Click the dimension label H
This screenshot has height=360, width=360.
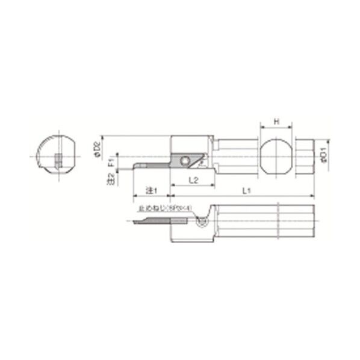coord(276,122)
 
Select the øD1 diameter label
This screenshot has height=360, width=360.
coord(323,155)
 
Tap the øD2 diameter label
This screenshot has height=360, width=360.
coord(98,147)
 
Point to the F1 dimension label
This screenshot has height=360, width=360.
coord(110,163)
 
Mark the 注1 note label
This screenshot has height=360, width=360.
coord(151,191)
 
